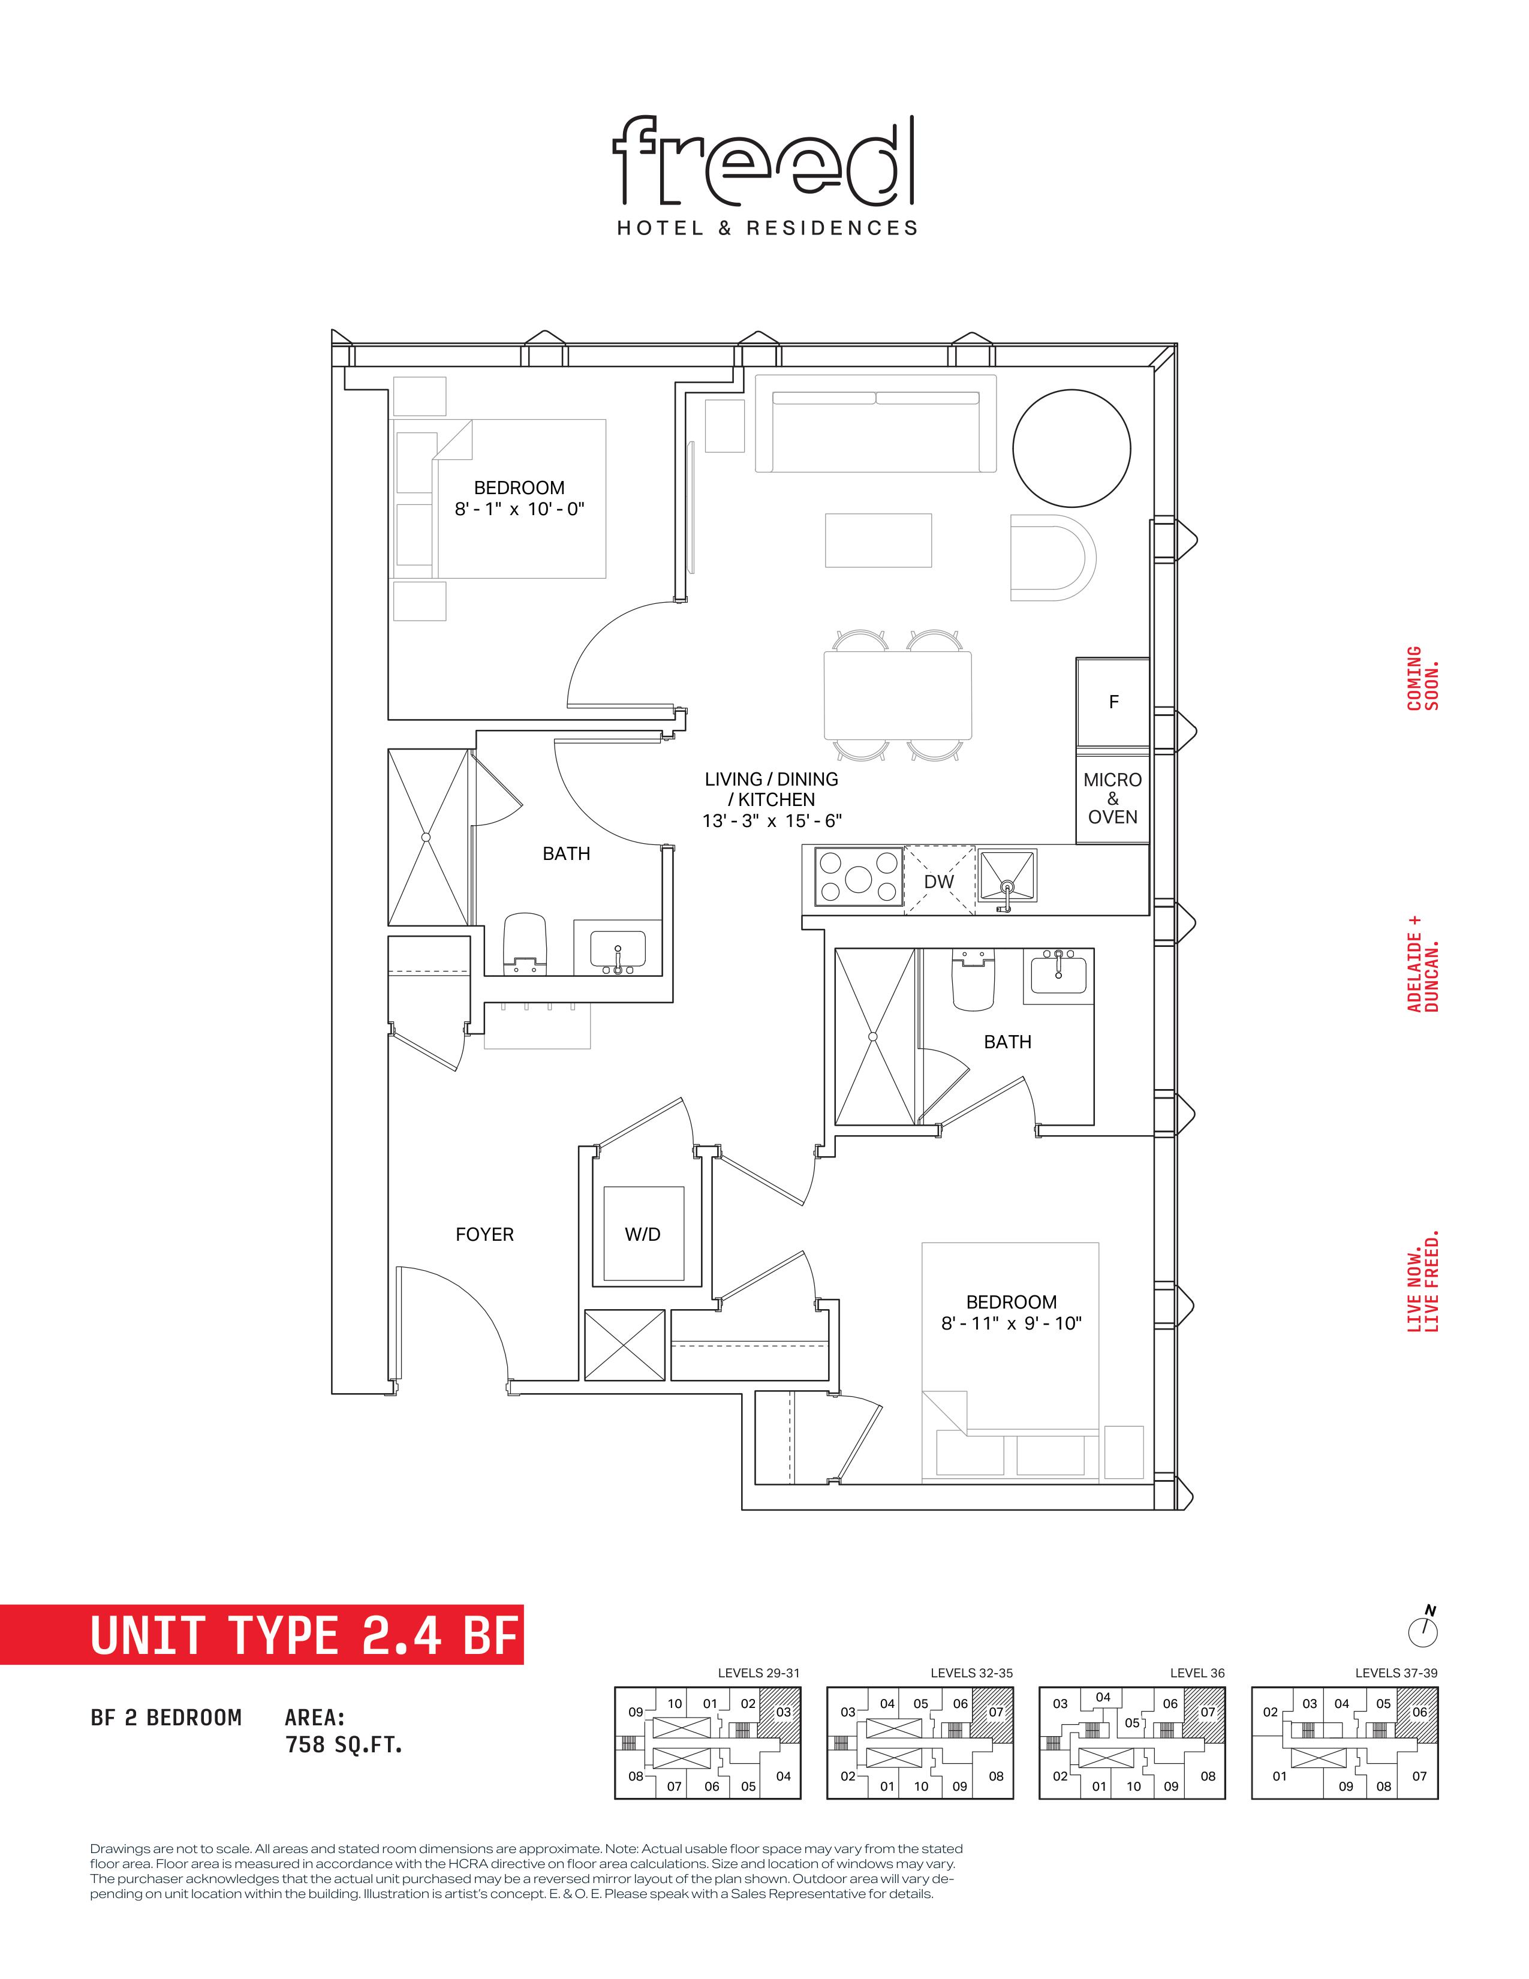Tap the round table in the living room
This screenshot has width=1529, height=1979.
[1071, 449]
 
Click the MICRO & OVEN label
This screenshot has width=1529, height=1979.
[1112, 798]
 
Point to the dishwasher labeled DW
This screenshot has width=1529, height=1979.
[940, 880]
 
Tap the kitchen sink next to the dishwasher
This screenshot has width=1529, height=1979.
[1006, 879]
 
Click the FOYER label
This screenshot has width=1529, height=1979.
[484, 1234]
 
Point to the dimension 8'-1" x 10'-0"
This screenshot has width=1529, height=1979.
[519, 509]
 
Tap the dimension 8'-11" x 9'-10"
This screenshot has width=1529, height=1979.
[1011, 1323]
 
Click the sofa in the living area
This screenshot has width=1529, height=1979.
[876, 423]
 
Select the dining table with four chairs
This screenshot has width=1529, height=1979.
[898, 695]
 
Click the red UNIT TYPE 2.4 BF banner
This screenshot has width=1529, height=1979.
[262, 1635]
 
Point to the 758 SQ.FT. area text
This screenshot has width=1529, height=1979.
[344, 1745]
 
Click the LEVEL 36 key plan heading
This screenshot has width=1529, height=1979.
[1197, 1673]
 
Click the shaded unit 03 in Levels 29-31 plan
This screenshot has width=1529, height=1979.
[779, 1713]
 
